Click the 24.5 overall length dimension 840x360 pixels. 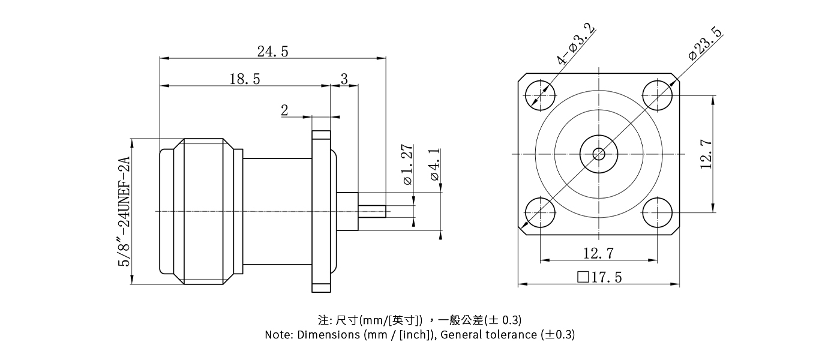272,52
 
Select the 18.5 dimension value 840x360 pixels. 244,79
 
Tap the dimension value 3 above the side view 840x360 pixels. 344,79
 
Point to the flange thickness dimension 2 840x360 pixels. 284,110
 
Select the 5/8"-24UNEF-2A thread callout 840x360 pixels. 124,211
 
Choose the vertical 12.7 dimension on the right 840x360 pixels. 706,154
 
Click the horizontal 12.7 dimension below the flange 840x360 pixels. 598,253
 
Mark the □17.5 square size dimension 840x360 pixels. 599,278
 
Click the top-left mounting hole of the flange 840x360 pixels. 540,95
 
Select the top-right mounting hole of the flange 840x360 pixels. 658,95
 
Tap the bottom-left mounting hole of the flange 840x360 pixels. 540,212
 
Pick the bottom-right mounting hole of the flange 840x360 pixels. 658,212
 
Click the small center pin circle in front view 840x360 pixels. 599,154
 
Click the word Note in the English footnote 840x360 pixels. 278,335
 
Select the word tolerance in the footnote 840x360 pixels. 513,335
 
